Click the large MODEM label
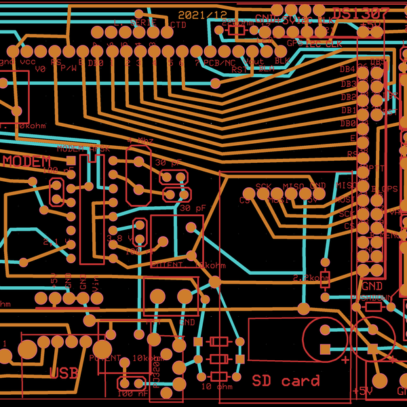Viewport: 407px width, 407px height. (26, 161)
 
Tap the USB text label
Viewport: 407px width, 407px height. (64, 372)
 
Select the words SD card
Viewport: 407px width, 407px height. (285, 381)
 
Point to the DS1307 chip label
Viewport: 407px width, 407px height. (361, 13)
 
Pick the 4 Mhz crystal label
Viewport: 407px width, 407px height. (140, 140)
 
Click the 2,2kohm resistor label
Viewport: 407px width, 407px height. (311, 278)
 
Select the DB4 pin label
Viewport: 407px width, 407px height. (347, 69)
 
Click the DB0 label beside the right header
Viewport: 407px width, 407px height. (347, 123)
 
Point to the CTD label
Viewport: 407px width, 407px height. (178, 25)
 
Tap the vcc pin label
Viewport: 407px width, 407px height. (28, 62)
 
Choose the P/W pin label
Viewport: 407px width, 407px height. (69, 68)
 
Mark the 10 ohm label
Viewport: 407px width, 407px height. (216, 387)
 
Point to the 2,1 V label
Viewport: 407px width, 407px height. (51, 242)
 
